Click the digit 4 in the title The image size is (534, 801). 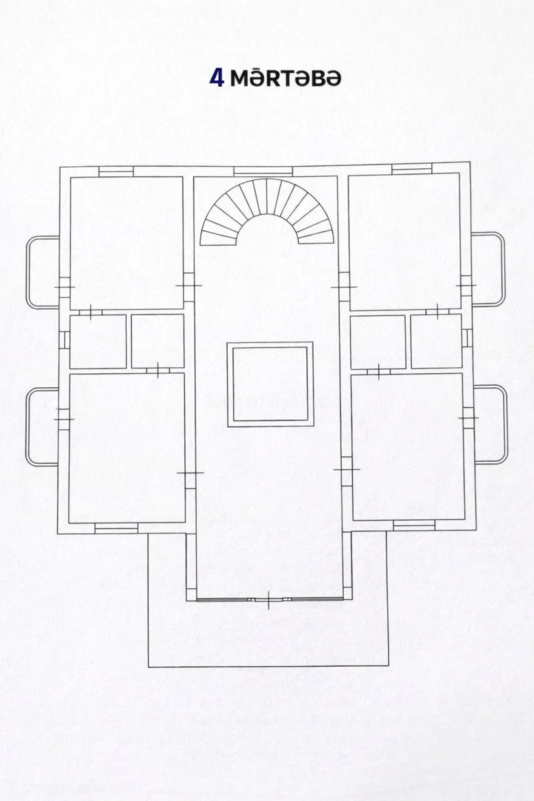[x=217, y=78]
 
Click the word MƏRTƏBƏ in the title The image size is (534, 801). [x=285, y=78]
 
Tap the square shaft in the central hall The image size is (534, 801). [x=270, y=384]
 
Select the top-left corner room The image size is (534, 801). [x=127, y=243]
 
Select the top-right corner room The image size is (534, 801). [x=405, y=242]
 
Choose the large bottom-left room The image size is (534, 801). [x=127, y=448]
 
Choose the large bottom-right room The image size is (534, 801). [x=408, y=447]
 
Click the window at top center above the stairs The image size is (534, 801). [x=263, y=172]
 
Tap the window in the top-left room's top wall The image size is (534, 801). [x=116, y=172]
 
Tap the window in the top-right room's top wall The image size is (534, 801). [x=412, y=169]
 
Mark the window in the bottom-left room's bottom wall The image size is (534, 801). [x=116, y=528]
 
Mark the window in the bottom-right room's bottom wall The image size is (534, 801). [x=414, y=525]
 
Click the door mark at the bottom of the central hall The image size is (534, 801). [x=269, y=599]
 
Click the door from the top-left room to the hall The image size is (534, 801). [x=189, y=286]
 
